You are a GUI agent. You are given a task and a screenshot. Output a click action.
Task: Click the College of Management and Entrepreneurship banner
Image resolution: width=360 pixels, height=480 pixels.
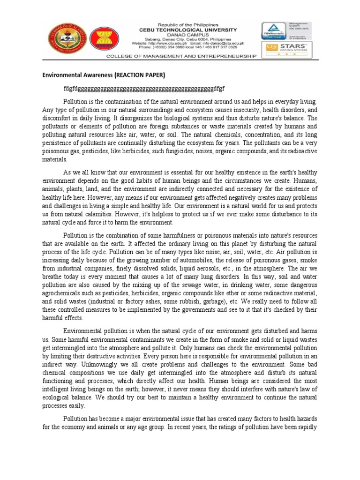click(x=194, y=56)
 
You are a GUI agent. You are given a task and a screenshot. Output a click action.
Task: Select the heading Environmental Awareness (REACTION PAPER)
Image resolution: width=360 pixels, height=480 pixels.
click(x=104, y=75)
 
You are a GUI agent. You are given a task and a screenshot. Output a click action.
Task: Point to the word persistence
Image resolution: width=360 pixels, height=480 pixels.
click(x=60, y=143)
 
